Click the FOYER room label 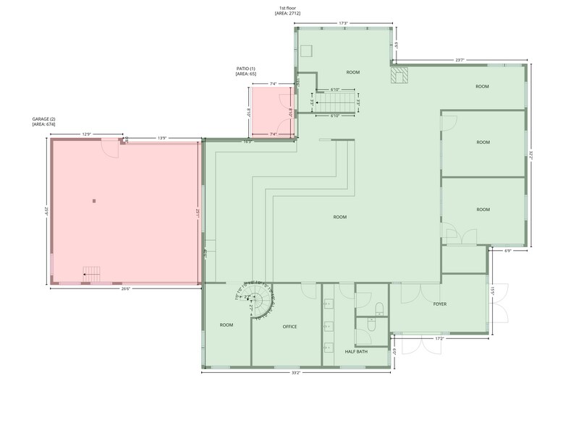440,304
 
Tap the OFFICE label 289,327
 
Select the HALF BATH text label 356,352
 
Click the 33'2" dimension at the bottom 297,374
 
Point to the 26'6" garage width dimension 125,289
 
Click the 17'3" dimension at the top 344,22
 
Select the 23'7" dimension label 459,60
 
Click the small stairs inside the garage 92,272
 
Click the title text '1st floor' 287,7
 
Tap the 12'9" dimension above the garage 87,134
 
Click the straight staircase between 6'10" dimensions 336,102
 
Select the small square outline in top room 307,50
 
